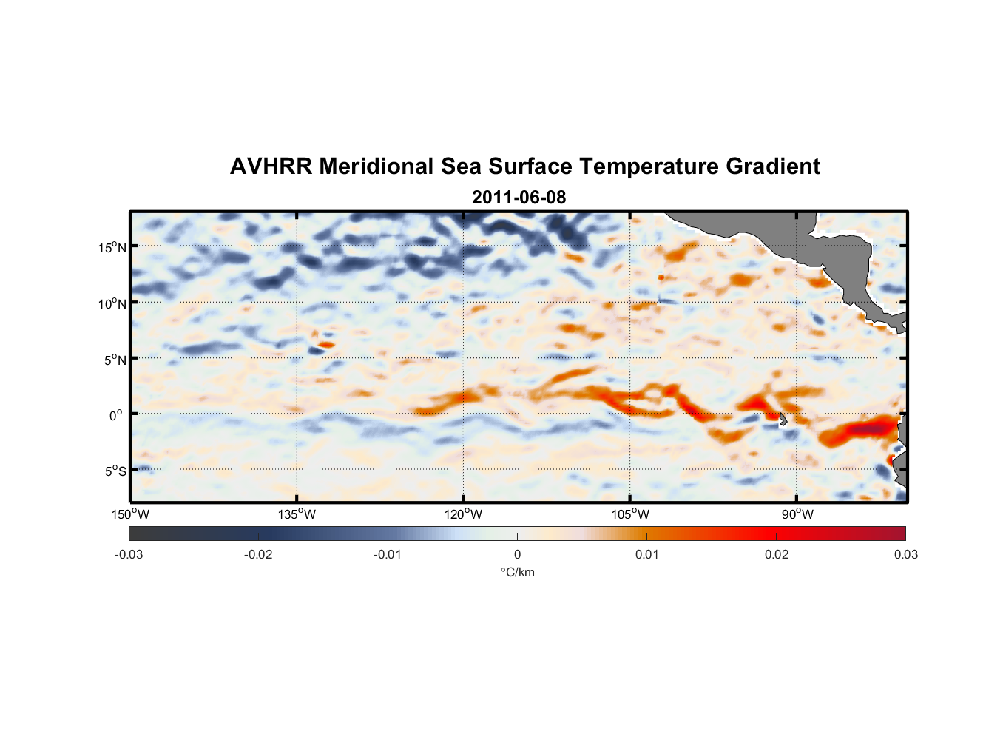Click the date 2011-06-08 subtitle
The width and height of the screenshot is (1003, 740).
click(519, 198)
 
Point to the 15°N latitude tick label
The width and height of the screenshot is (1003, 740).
click(112, 247)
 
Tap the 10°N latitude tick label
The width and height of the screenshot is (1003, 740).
click(112, 303)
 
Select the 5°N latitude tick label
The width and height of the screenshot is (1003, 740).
click(115, 360)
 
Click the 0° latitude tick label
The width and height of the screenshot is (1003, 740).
click(115, 415)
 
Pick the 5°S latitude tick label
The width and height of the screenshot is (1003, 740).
click(115, 471)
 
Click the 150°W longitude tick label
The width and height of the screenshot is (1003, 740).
click(130, 514)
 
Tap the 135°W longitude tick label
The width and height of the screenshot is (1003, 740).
click(297, 514)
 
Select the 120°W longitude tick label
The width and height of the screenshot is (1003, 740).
click(463, 514)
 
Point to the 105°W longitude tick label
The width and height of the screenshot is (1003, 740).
click(630, 514)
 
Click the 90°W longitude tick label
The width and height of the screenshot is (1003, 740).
click(797, 514)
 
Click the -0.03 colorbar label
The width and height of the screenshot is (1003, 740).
click(129, 555)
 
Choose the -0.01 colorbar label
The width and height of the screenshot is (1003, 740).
click(388, 555)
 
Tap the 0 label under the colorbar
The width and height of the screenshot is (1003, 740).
click(517, 555)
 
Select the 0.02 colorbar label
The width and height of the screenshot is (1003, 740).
click(777, 555)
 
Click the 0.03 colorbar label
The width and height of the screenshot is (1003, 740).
click(905, 555)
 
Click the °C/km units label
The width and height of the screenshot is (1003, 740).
click(517, 572)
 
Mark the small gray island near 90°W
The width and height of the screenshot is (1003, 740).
click(783, 419)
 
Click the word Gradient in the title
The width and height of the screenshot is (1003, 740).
click(773, 166)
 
